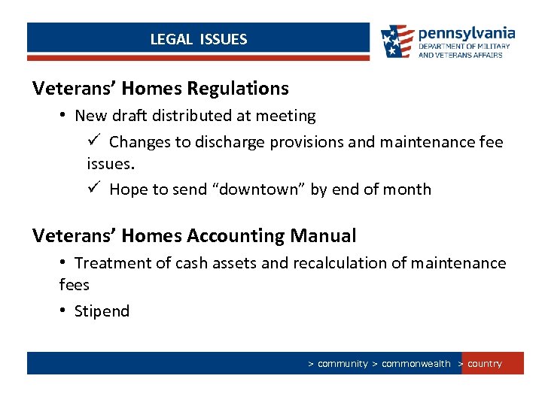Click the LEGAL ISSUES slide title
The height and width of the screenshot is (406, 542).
tap(198, 39)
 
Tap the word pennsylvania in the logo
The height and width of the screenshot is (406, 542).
tap(466, 33)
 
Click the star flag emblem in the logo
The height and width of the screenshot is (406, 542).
tap(397, 41)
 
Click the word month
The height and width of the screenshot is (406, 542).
tap(406, 189)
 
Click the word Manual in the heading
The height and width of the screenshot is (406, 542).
tap(322, 236)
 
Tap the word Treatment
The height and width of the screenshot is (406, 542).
tap(110, 263)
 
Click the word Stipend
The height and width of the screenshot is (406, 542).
tap(102, 311)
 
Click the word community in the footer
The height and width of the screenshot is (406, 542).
tap(343, 364)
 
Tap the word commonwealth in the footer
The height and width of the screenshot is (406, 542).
tap(416, 364)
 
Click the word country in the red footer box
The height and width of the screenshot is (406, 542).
tap(484, 364)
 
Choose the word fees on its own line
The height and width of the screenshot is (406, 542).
tap(74, 285)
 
